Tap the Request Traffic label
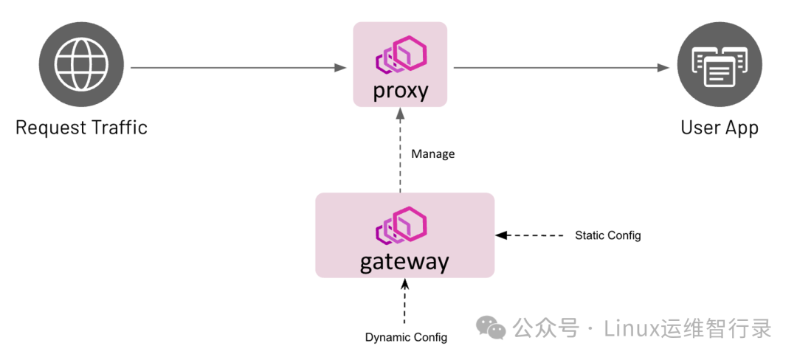(x=81, y=128)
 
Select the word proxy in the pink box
(x=400, y=91)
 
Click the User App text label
(x=719, y=128)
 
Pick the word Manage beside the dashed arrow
(x=432, y=154)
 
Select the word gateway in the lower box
(x=404, y=262)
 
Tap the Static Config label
(x=607, y=235)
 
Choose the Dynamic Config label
(x=406, y=337)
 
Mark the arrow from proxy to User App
(x=561, y=68)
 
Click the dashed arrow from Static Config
(x=531, y=235)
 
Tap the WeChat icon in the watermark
(x=491, y=328)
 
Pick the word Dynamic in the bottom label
(x=389, y=337)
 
